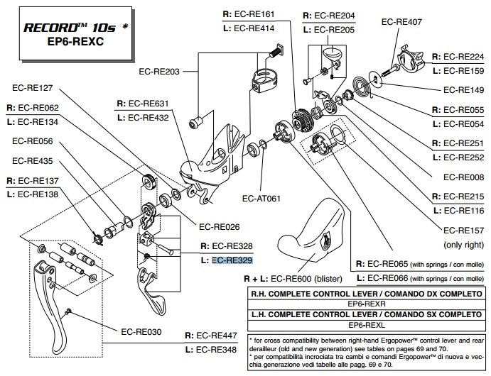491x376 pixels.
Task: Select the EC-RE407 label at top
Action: click(x=401, y=22)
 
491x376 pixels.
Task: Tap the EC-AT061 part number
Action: click(x=262, y=199)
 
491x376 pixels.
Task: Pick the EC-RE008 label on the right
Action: click(x=463, y=177)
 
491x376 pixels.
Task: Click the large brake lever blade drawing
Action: click(x=50, y=298)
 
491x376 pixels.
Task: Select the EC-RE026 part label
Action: click(x=220, y=227)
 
